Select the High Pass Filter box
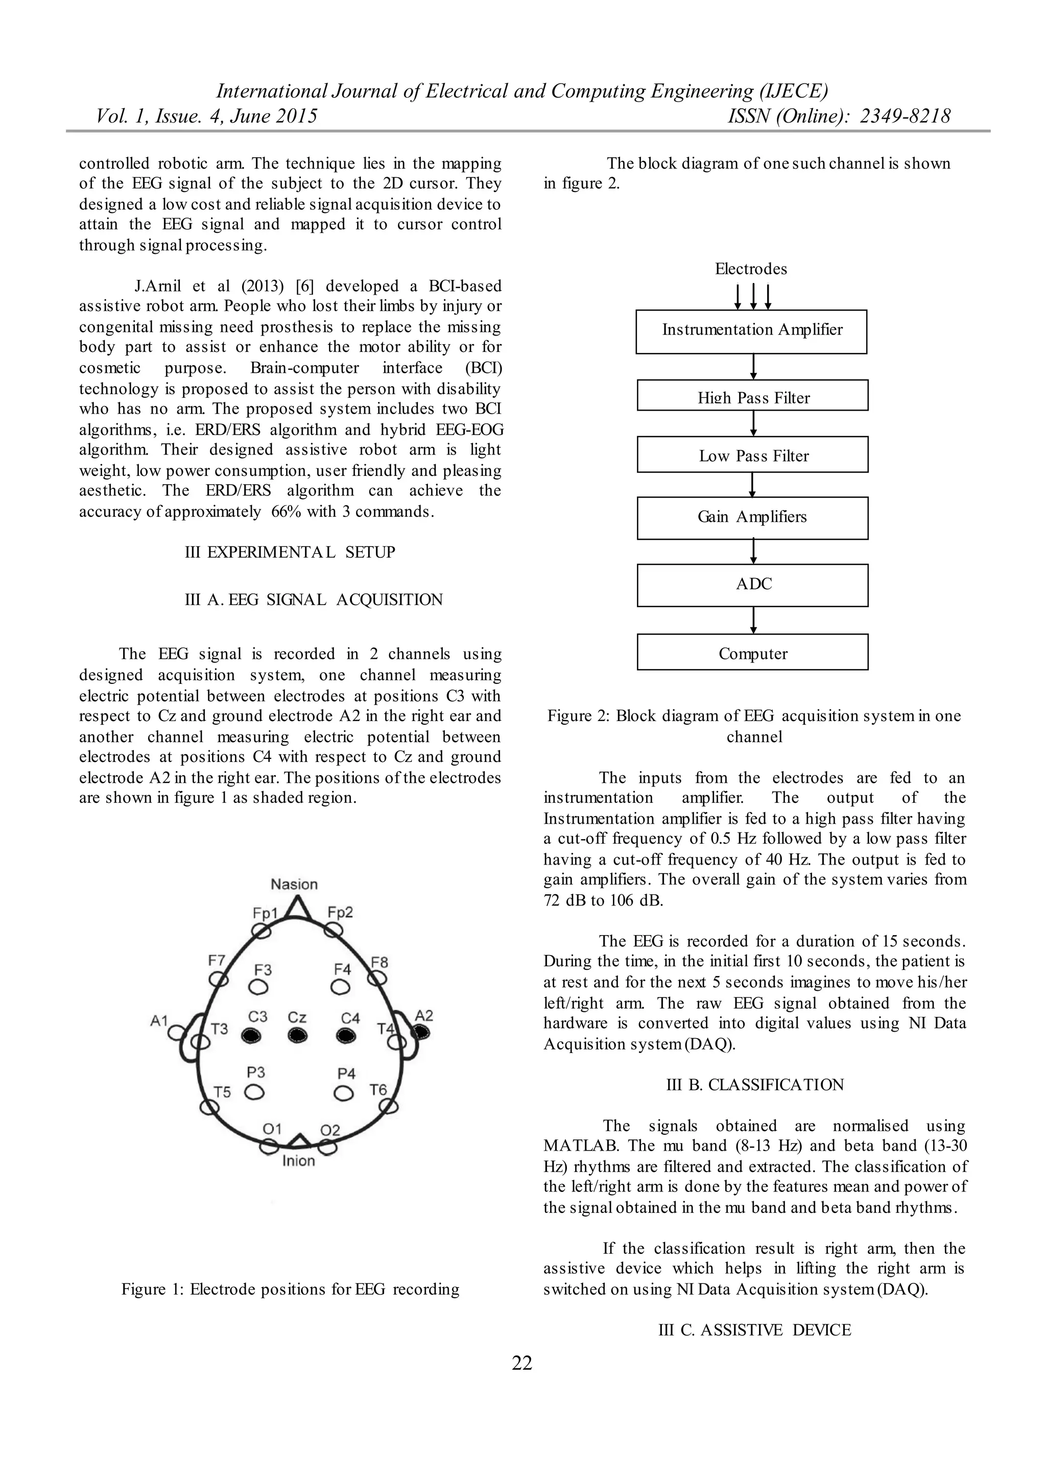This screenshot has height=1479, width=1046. [752, 395]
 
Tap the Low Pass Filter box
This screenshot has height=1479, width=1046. [752, 455]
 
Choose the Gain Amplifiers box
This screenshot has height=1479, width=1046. [752, 517]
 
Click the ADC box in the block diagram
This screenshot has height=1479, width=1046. [752, 585]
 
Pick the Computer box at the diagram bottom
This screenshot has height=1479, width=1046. [752, 653]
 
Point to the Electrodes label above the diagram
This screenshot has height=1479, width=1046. [751, 269]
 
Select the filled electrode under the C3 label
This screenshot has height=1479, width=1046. [251, 1035]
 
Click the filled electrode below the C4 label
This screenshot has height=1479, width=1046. [346, 1035]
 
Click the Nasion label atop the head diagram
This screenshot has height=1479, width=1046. [294, 885]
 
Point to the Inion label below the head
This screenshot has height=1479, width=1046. [298, 1161]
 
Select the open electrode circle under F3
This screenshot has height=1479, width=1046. [259, 987]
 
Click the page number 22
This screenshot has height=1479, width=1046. [522, 1363]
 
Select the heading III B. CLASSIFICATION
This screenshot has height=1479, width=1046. [755, 1085]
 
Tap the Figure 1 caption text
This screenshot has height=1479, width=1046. [291, 1289]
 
